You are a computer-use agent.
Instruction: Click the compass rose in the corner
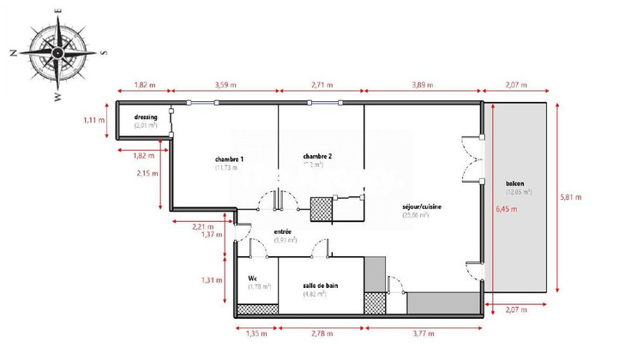57,51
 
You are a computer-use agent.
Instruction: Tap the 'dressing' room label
145,117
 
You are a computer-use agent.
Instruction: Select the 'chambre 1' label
229,159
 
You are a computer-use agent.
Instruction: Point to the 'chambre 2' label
317,157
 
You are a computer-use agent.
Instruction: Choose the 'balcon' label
514,183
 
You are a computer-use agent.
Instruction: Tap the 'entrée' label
283,232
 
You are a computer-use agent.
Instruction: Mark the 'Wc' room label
253,279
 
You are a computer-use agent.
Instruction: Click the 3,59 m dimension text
225,86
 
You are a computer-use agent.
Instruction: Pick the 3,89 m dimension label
422,86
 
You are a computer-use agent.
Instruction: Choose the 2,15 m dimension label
145,174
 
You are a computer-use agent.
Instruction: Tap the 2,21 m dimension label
202,226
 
